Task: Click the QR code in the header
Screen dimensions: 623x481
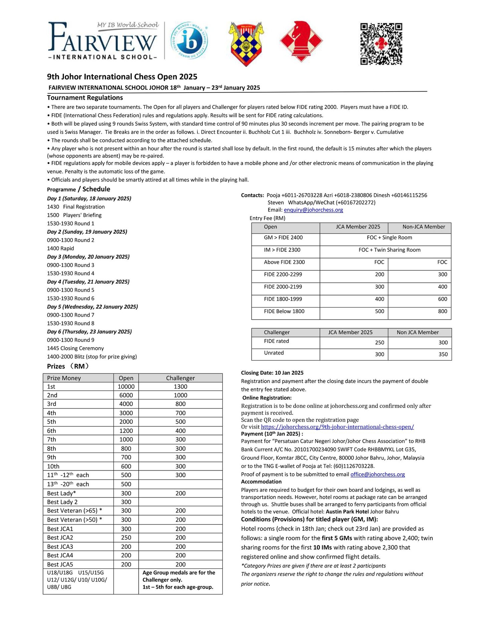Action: click(381, 43)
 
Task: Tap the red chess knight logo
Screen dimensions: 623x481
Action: click(301, 41)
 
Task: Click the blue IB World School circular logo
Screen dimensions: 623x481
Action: click(189, 41)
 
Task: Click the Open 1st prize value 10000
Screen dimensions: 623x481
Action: click(126, 387)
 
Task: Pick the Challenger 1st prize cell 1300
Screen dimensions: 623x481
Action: click(180, 387)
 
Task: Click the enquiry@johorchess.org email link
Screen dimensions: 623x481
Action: click(313, 210)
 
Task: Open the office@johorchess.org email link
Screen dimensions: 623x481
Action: click(377, 474)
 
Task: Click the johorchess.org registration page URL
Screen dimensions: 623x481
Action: click(337, 427)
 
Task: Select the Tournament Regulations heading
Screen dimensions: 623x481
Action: click(85, 98)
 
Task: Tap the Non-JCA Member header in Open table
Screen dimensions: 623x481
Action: click(424, 227)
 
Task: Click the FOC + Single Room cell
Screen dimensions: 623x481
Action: click(389, 238)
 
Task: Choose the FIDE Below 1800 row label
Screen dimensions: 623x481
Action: click(284, 311)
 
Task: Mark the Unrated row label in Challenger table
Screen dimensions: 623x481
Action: click(274, 353)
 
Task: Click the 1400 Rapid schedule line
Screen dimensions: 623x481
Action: click(60, 248)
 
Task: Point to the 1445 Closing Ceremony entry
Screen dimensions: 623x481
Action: click(75, 348)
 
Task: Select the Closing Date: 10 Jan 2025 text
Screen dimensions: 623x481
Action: click(272, 373)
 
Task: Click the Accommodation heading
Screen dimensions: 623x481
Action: click(261, 482)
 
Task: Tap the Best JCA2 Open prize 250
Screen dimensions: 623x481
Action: click(126, 537)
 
